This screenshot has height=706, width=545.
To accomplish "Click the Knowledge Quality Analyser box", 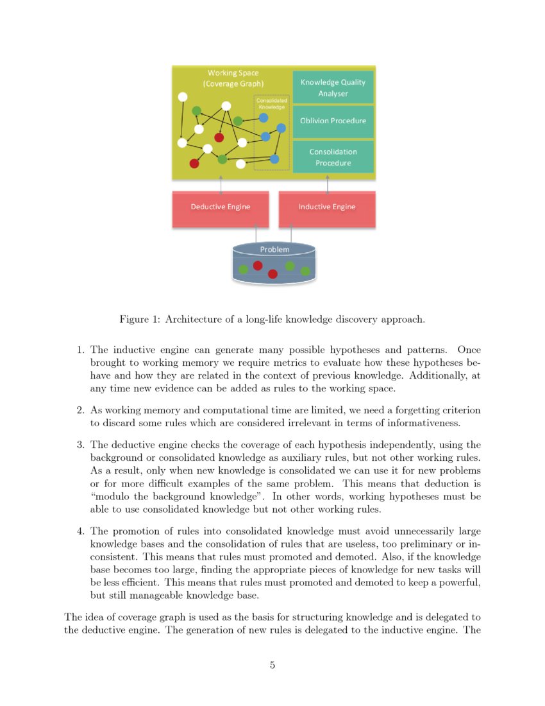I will click(333, 87).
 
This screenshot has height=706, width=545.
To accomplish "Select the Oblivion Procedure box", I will click(333, 121).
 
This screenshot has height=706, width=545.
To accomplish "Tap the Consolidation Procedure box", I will click(333, 157).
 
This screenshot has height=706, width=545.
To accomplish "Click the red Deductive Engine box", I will click(220, 207).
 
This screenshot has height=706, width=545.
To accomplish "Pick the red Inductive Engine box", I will click(326, 207).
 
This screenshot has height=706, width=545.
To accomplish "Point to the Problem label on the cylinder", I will click(274, 250).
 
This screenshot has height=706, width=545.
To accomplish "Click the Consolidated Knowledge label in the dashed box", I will click(271, 103).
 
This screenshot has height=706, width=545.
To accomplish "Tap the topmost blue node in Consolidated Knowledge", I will click(264, 118).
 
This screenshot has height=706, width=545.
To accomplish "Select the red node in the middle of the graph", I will click(219, 137).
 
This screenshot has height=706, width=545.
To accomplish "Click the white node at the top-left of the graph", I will click(183, 97).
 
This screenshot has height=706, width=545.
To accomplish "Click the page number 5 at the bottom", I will click(272, 665).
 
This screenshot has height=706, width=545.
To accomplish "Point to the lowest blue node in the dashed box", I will click(274, 159).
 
